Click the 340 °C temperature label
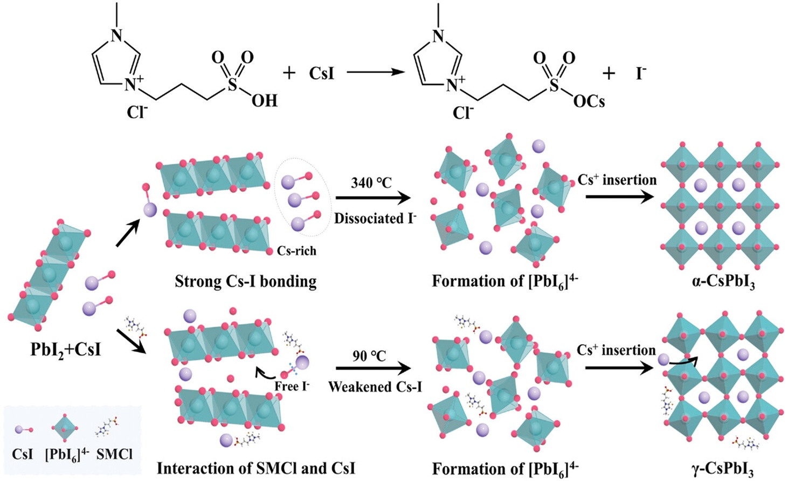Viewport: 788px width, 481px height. [371, 183]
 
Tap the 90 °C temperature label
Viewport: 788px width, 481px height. [369, 355]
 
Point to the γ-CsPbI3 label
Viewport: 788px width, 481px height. [722, 469]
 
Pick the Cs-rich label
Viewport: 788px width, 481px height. [296, 250]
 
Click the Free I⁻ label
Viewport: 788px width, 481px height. [292, 386]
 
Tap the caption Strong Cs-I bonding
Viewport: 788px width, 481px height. [245, 281]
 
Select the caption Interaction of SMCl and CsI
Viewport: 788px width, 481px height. [255, 468]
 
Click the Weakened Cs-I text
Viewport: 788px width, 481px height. [375, 386]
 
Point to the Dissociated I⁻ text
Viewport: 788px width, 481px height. [375, 218]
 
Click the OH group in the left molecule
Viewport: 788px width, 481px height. [264, 100]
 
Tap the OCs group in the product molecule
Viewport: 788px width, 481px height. [589, 101]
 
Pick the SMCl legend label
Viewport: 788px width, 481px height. [114, 454]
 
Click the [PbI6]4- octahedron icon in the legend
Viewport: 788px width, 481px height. [64, 429]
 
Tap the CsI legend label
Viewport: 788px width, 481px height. [23, 454]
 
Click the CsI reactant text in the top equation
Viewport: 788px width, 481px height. [322, 73]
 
